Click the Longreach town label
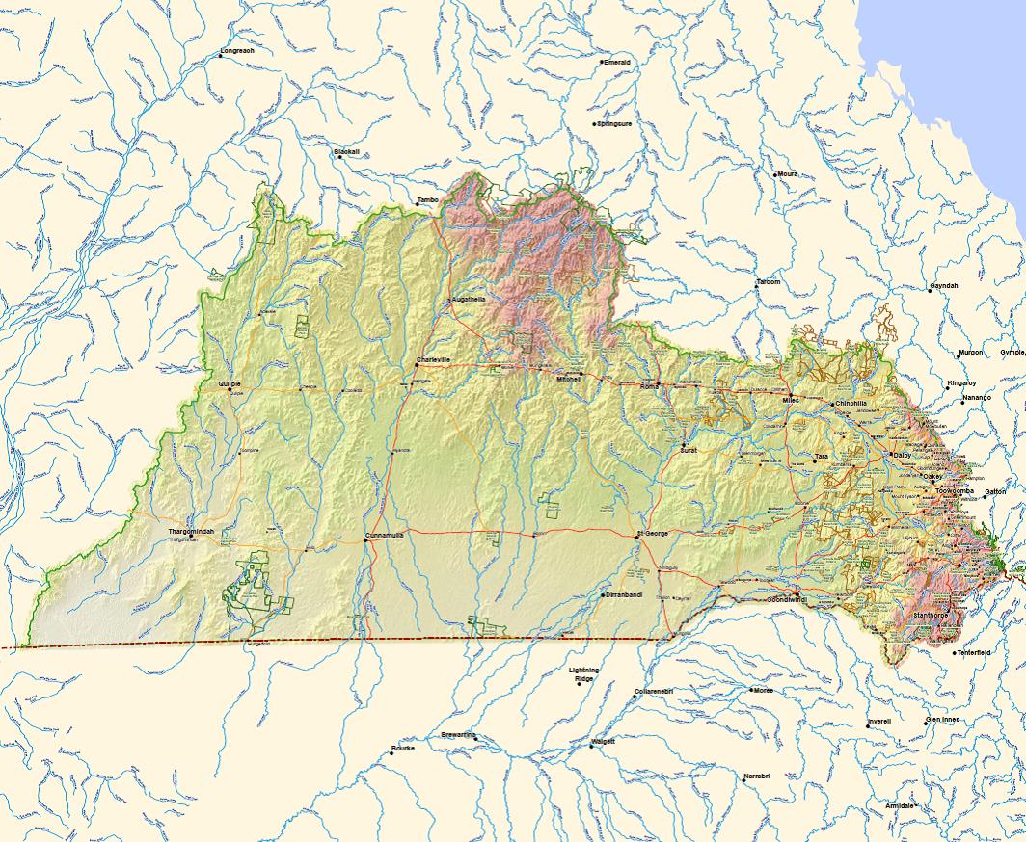coord(237,50)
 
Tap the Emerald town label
coord(617,62)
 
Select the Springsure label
coord(615,124)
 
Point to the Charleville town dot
coord(416,365)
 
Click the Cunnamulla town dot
coord(366,540)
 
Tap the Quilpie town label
coord(229,383)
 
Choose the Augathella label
coord(470,300)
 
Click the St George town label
coord(653,533)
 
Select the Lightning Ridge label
coord(583,674)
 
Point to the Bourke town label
coord(403,748)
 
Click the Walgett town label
coord(605,741)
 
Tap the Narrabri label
coord(756,776)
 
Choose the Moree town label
coord(764,690)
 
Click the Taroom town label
coord(769,282)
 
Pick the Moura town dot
coord(775,174)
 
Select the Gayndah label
coord(945,286)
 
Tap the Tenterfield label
coord(973,652)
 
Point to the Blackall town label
coord(346,151)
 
